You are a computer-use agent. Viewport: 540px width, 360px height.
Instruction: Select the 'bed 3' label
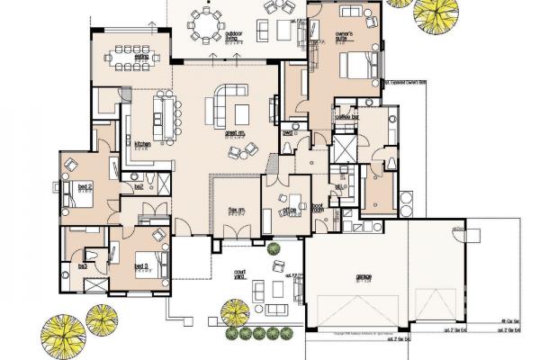[x=141, y=266]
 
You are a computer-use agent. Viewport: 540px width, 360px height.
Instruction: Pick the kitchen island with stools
[x=164, y=117]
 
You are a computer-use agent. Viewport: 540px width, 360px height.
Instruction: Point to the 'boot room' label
[x=319, y=208]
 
